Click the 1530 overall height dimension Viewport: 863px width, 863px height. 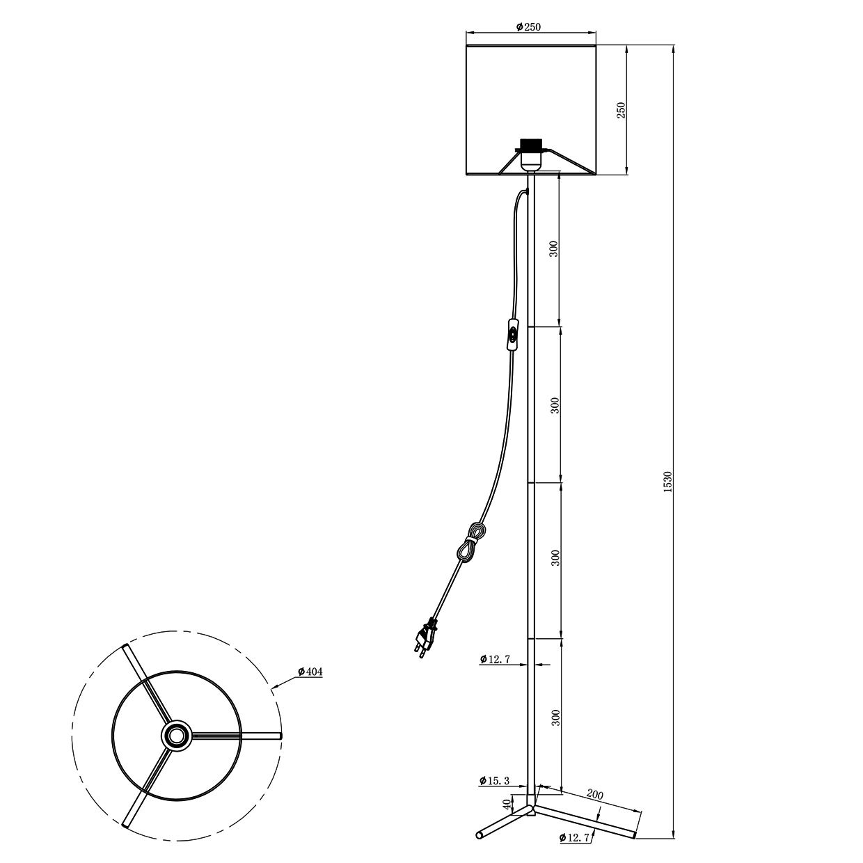(x=667, y=482)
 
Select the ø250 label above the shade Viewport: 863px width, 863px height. (x=528, y=27)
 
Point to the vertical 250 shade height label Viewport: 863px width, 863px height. (x=621, y=110)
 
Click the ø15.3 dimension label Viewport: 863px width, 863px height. (x=494, y=793)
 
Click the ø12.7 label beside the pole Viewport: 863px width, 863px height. (x=495, y=659)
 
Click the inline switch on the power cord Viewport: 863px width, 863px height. (x=512, y=334)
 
